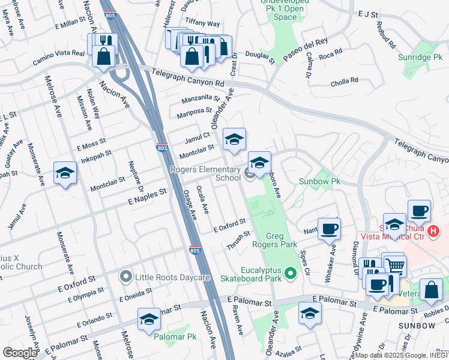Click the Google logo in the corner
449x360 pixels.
[x=20, y=353]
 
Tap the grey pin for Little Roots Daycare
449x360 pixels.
[x=125, y=277]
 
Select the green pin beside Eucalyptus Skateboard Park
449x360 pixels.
[x=291, y=274]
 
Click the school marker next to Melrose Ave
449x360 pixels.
[x=65, y=174]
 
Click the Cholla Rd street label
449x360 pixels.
[x=345, y=80]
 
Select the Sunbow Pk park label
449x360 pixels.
[x=320, y=181]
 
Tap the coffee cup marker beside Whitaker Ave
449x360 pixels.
[x=329, y=229]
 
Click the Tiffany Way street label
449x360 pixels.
[x=203, y=22]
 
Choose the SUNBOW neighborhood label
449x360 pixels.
[x=417, y=326]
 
